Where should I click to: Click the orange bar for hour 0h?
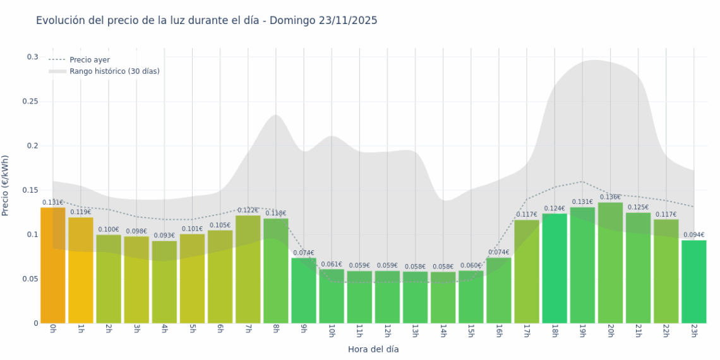(x=53, y=265)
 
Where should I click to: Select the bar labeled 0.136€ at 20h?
(x=610, y=263)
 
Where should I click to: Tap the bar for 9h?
(x=304, y=291)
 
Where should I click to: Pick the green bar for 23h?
(x=693, y=282)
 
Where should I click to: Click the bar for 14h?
(x=443, y=297)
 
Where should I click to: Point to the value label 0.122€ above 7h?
(x=248, y=210)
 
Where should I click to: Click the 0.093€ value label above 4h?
(x=164, y=236)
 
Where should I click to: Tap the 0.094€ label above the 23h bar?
(x=693, y=235)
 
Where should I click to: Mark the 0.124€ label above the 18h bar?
(x=554, y=208)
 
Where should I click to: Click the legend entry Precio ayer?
(x=90, y=60)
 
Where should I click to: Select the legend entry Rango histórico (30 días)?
(x=114, y=71)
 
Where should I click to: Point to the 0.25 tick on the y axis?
(x=30, y=102)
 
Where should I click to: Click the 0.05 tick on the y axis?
(x=30, y=279)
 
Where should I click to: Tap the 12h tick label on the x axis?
(x=387, y=331)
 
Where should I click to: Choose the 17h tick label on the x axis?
(x=526, y=331)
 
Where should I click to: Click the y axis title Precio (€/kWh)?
(x=6, y=185)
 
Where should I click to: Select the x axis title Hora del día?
(x=373, y=349)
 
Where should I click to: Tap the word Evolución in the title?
(x=60, y=21)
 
